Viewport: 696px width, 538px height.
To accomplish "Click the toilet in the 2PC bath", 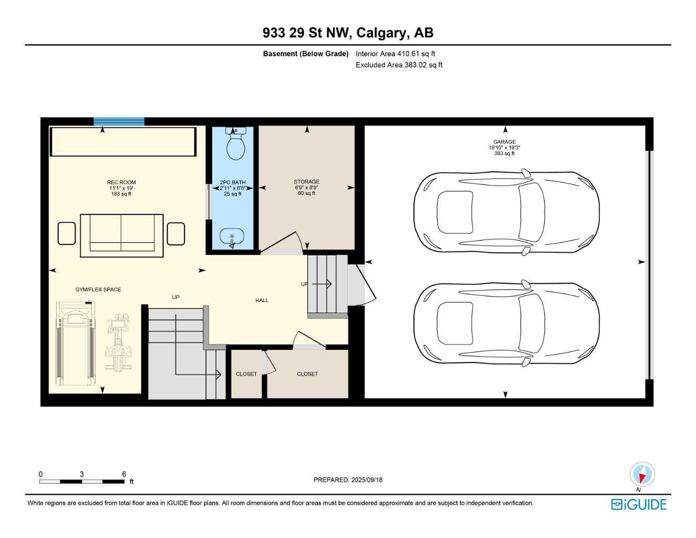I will (x=235, y=143).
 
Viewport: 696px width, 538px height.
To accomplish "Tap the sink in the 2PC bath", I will (x=231, y=238).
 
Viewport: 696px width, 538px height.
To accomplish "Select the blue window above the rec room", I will (x=119, y=121).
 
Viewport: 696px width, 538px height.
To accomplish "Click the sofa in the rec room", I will (x=121, y=235).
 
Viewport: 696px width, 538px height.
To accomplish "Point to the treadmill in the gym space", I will (x=76, y=344).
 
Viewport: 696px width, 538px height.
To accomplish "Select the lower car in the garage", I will (x=506, y=323).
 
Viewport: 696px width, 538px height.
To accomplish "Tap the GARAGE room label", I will (x=504, y=142).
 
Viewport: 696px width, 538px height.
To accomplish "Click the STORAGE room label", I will (x=306, y=182).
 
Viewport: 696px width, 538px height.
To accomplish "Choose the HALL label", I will (x=262, y=301).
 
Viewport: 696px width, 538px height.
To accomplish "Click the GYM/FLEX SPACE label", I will (x=98, y=289).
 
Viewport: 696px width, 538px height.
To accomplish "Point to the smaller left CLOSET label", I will (x=246, y=374).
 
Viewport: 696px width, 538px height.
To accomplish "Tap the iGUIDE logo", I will (x=639, y=504).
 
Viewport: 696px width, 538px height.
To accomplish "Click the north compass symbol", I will (x=642, y=474).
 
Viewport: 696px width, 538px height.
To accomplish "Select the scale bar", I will (x=82, y=481).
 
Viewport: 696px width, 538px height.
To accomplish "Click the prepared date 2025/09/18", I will (x=348, y=480).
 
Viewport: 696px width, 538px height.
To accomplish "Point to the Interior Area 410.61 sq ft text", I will (x=395, y=54).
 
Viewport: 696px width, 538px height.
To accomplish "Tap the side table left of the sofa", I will (x=67, y=234).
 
